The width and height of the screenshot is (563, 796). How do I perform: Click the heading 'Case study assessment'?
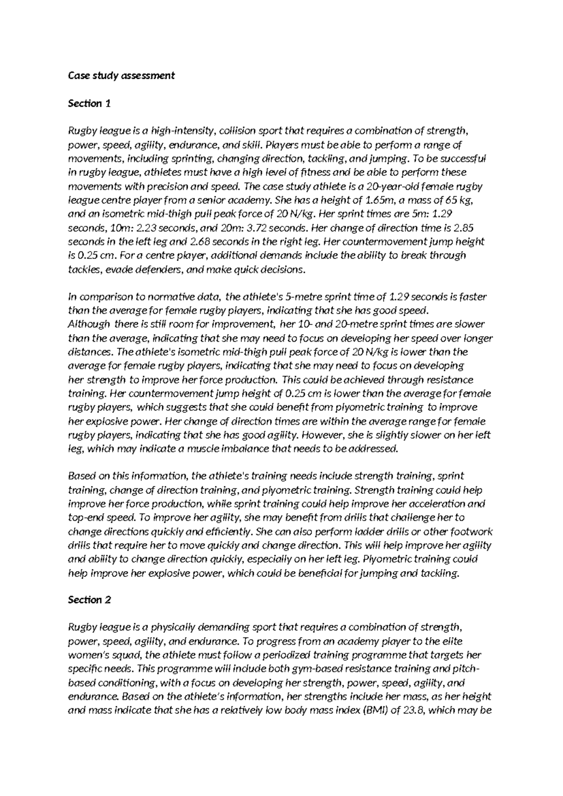pos(121,75)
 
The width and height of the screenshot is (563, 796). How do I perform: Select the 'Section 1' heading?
pos(89,103)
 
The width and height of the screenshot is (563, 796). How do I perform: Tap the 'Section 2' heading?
pos(89,600)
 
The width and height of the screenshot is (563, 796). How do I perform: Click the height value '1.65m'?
pos(377,200)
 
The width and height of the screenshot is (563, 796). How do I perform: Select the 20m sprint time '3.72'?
pos(255,228)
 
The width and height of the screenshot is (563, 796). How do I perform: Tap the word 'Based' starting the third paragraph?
pos(81,476)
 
